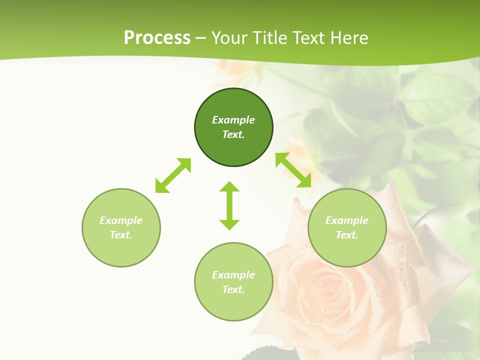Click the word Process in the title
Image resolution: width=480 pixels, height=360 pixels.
click(x=157, y=38)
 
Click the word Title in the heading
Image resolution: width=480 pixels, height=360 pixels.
click(x=268, y=38)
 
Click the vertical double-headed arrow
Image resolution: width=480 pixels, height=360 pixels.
click(x=229, y=205)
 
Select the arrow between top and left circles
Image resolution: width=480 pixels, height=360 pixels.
click(x=173, y=175)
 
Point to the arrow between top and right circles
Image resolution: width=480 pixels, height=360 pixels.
click(x=293, y=170)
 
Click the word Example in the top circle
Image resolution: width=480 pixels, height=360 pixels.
click(x=233, y=120)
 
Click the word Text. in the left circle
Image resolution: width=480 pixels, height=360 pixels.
click(x=121, y=235)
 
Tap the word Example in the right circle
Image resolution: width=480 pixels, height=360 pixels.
click(x=347, y=220)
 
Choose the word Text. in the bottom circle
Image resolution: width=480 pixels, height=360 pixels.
click(x=233, y=289)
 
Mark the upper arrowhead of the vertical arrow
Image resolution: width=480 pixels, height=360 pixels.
click(x=229, y=186)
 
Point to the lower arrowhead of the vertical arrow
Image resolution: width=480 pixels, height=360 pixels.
click(x=229, y=224)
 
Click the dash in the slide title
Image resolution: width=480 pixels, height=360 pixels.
click(x=201, y=38)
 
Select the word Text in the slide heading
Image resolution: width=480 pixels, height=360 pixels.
click(x=308, y=38)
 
